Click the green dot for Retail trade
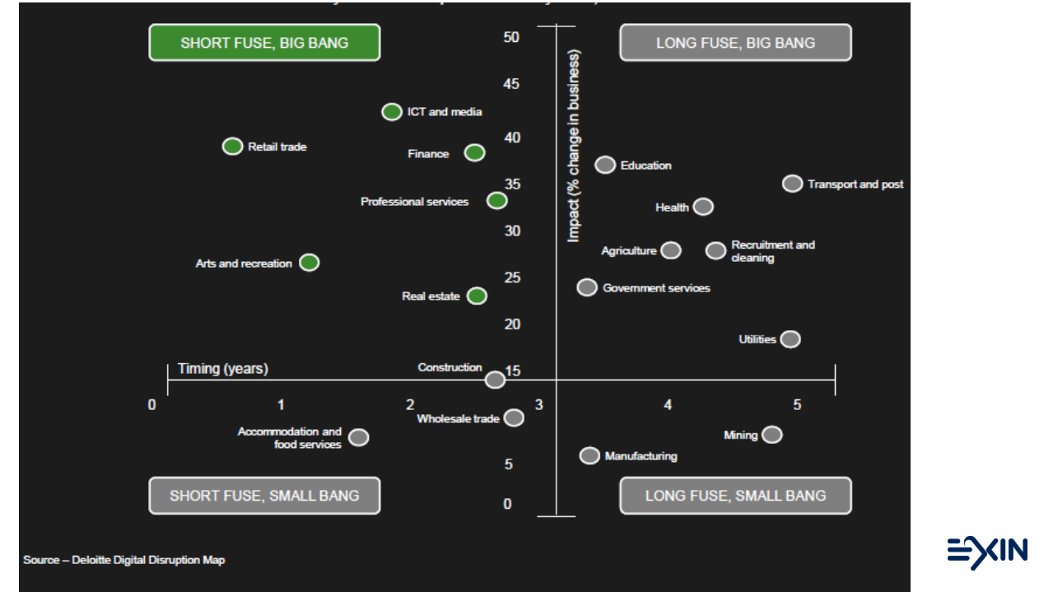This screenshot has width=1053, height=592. (233, 147)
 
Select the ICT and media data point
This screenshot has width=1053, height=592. (392, 112)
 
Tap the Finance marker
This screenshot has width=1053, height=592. (474, 152)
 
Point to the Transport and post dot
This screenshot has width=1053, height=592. (792, 184)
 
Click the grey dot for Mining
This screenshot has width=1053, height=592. (771, 435)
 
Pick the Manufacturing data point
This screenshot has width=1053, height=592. (589, 455)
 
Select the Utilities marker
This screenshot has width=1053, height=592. (790, 339)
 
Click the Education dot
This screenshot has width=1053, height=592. (605, 165)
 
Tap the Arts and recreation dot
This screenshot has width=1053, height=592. (309, 263)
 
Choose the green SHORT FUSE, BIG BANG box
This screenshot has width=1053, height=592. (264, 43)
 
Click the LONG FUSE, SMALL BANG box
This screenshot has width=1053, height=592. (735, 496)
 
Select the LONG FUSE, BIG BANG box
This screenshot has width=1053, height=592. (735, 43)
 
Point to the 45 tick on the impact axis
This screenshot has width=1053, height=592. (512, 85)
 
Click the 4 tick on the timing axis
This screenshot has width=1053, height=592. (668, 405)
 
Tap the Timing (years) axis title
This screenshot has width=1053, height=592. (222, 369)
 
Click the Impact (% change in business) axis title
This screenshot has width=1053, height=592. (574, 147)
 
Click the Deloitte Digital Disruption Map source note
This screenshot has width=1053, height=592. (123, 560)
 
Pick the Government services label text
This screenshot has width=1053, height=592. (656, 288)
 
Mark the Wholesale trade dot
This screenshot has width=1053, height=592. (514, 417)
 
